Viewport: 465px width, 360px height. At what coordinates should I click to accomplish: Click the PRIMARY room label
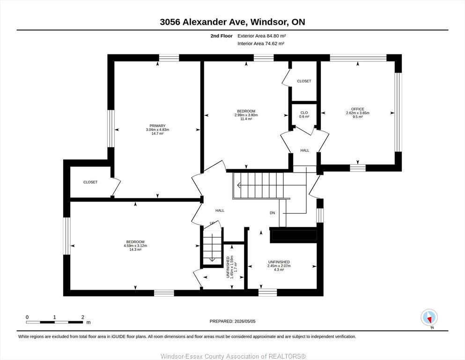pyautogui.click(x=157, y=126)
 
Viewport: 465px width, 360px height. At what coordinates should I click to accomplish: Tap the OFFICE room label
pyautogui.click(x=358, y=109)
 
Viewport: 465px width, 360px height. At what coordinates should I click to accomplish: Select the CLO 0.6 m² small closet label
pyautogui.click(x=304, y=114)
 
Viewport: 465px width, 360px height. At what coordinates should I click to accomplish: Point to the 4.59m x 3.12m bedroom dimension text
pyautogui.click(x=135, y=246)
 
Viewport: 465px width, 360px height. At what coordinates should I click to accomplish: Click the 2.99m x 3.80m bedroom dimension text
pyautogui.click(x=246, y=115)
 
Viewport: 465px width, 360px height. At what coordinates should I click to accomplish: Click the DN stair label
pyautogui.click(x=272, y=213)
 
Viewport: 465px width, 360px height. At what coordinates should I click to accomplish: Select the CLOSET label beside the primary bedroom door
pyautogui.click(x=90, y=182)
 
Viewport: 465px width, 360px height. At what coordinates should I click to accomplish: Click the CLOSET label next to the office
pyautogui.click(x=304, y=81)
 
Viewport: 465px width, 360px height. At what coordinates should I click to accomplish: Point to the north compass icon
pyautogui.click(x=429, y=317)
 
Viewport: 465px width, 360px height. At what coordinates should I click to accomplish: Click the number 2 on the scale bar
pyautogui.click(x=83, y=317)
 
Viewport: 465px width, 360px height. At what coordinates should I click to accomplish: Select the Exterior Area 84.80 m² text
pyautogui.click(x=262, y=36)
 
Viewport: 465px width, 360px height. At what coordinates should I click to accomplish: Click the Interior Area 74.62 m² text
pyautogui.click(x=261, y=44)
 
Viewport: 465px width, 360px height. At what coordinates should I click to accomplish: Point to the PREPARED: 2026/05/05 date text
pyautogui.click(x=232, y=322)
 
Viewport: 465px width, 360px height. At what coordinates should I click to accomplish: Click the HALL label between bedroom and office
pyautogui.click(x=305, y=150)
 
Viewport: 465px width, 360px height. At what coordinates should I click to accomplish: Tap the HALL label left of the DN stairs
pyautogui.click(x=220, y=210)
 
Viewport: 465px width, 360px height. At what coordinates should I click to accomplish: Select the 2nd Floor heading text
pyautogui.click(x=221, y=36)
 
